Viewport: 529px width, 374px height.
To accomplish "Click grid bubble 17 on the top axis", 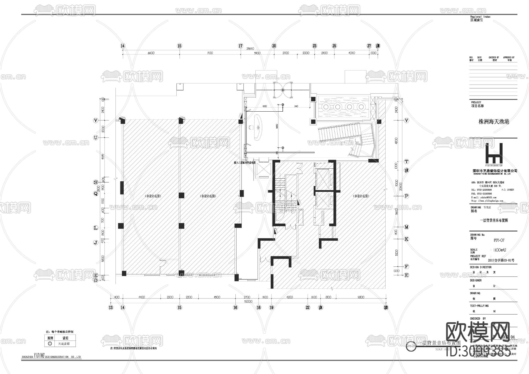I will pos(241,46).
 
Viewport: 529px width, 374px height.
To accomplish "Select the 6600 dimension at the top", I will pos(151,53).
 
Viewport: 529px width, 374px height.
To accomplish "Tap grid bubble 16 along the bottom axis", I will pos(235,308).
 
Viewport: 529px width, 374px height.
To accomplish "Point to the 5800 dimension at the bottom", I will pos(361,297).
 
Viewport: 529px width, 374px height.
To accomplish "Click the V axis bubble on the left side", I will pos(96,120).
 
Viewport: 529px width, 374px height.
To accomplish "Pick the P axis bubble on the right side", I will pos(406,196).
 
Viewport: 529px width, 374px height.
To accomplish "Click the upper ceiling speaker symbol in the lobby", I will pos(283,105).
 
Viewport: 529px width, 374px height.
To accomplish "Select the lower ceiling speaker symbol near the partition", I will pos(283,148).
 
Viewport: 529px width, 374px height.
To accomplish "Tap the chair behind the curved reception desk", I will pos(251,128).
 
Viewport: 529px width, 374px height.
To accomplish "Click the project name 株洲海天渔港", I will pos(494,122).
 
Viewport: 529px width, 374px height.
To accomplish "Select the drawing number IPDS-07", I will pos(499,240).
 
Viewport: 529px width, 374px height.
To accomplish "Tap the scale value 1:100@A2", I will pos(500,250).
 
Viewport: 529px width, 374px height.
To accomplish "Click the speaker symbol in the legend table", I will pos(50,343).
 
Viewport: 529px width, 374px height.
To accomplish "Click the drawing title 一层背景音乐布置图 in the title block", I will pos(494,220).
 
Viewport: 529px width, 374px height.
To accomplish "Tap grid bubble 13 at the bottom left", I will pos(111,308).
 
